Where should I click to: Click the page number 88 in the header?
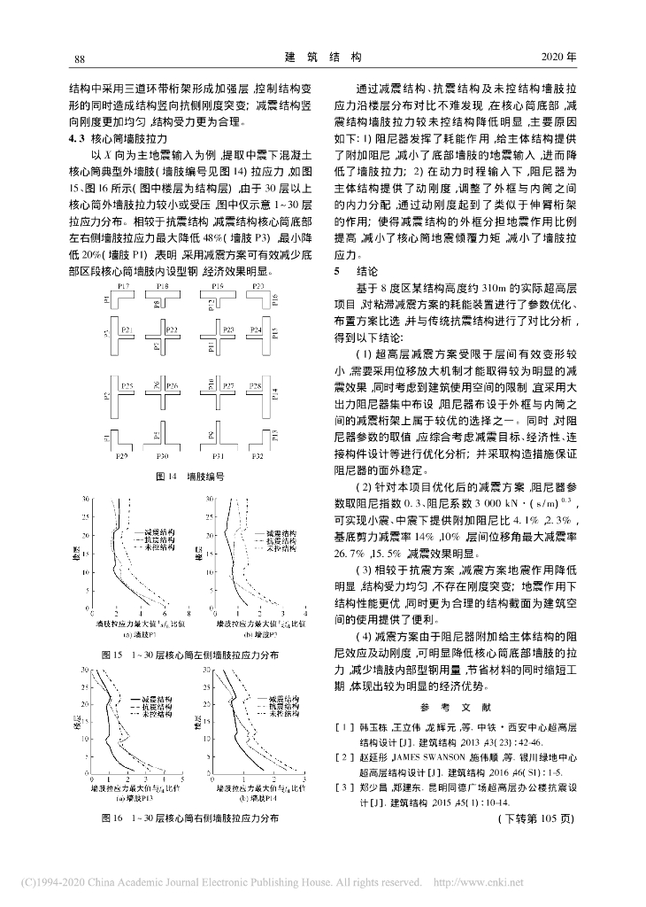(78, 58)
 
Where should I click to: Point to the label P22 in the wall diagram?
(172, 329)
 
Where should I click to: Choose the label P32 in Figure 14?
(257, 455)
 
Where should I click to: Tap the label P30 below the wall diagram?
(171, 455)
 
